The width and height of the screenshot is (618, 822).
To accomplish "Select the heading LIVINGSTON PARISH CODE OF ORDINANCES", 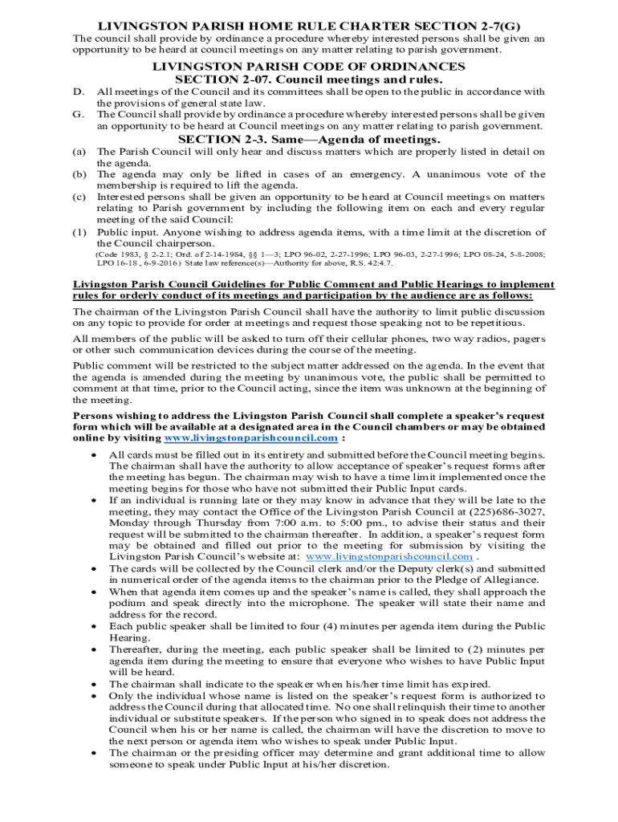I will tap(309, 66).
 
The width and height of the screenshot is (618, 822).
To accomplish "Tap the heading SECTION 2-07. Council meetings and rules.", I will tap(309, 79).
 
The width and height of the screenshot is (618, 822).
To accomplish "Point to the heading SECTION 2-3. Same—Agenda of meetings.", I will tap(309, 140).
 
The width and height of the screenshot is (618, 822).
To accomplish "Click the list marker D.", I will tap(79, 92).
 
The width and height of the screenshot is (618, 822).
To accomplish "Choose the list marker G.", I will tap(79, 115).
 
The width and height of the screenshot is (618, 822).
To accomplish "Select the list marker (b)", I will tap(79, 174).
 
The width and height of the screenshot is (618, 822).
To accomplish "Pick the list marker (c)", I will tap(79, 197).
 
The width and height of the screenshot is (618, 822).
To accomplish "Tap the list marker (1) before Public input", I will tap(79, 232).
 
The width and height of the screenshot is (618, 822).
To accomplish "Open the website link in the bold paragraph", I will tap(250, 439).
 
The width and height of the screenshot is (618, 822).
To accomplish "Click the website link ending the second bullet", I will tap(390, 556).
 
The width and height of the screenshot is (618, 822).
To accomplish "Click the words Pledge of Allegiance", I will tap(498, 580).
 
